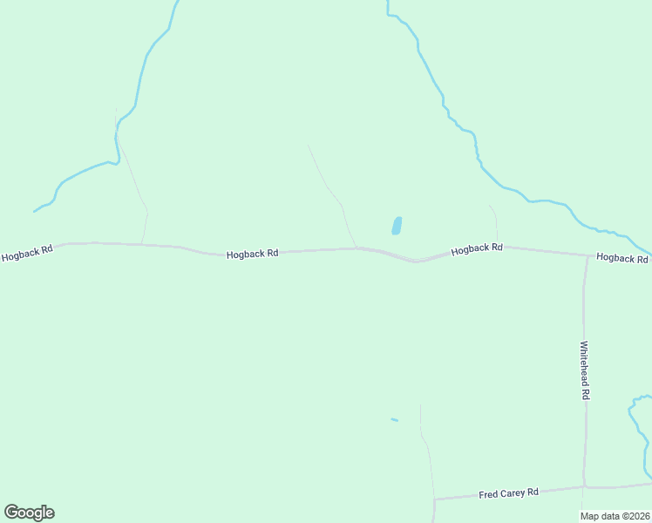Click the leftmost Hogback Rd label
[27, 253]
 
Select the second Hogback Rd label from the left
[252, 254]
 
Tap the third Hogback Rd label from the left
[477, 248]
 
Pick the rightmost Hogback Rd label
[622, 258]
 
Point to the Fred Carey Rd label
[509, 493]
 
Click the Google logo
[29, 513]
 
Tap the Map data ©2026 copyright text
[615, 516]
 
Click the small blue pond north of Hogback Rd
[397, 226]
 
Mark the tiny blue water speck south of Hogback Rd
[394, 419]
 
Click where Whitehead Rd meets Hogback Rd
[587, 255]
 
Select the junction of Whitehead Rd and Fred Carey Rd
[584, 486]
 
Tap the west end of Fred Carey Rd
[434, 499]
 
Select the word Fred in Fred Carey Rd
[487, 495]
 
